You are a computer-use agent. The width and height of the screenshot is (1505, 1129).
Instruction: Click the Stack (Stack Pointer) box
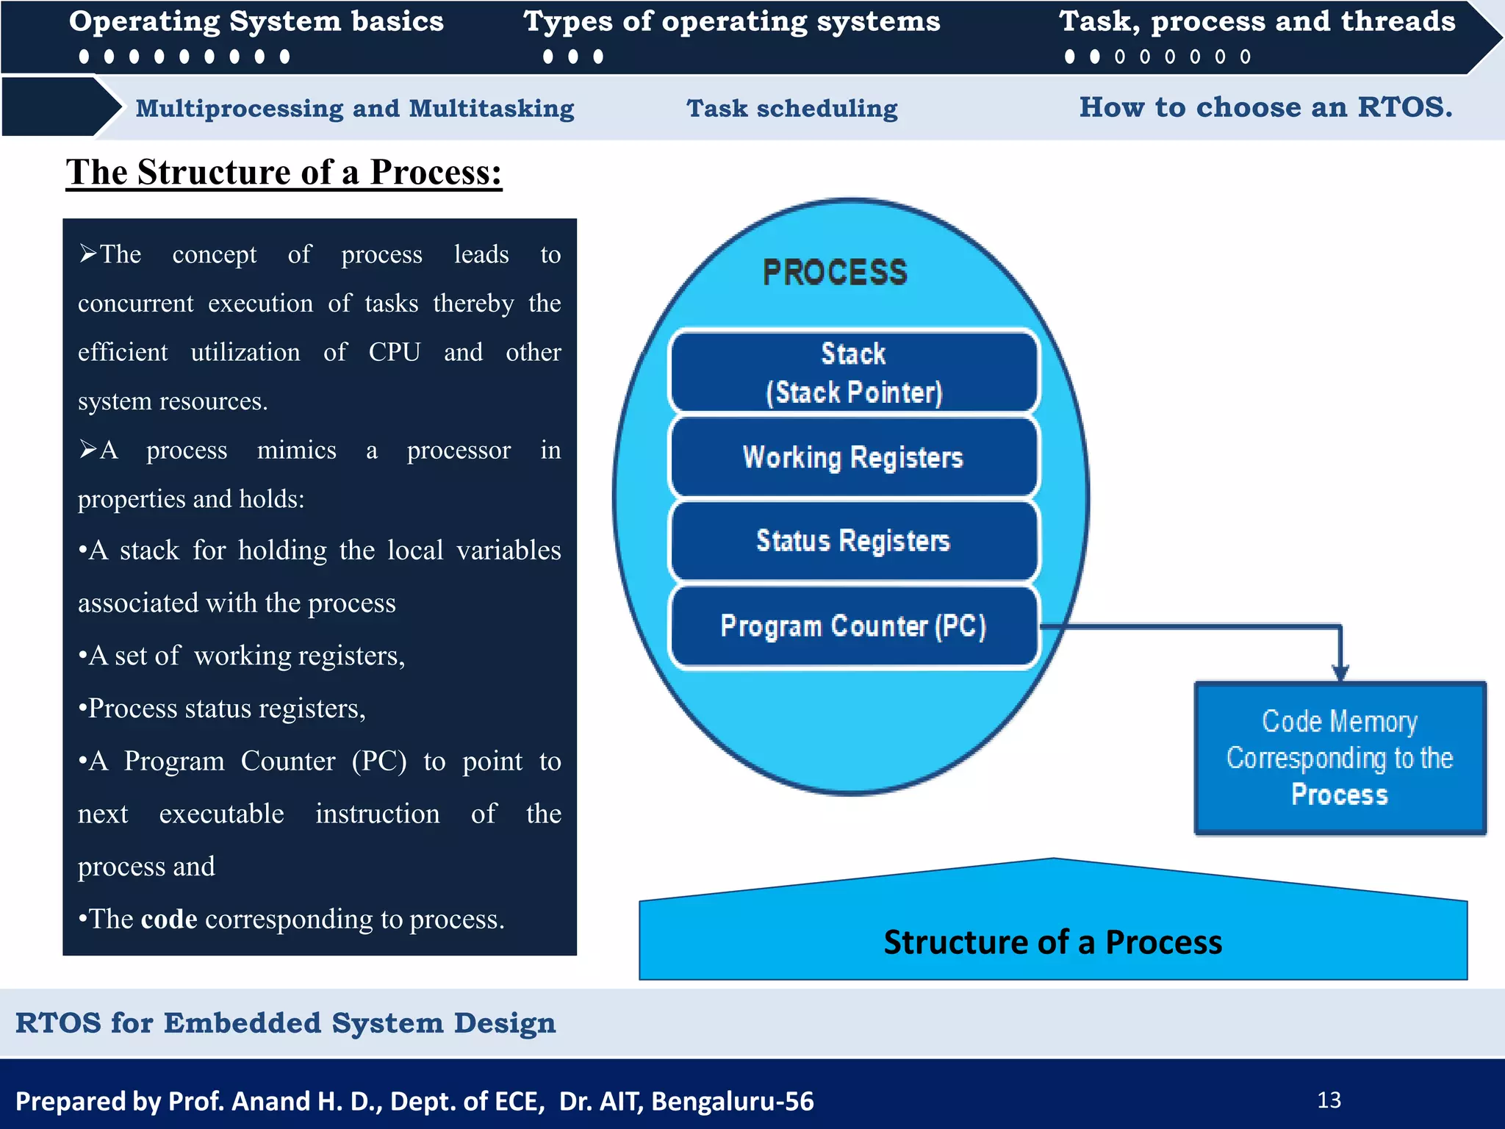pos(853,372)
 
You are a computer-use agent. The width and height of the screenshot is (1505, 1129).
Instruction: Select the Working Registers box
pos(853,457)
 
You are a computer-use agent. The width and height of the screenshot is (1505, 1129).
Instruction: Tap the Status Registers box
pos(853,541)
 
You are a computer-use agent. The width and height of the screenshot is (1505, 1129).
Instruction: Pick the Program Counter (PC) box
pos(853,626)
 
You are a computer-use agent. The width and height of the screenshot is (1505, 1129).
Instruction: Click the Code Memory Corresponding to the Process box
pos(1340,759)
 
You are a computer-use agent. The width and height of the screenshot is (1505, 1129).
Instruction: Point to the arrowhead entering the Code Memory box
pos(1340,673)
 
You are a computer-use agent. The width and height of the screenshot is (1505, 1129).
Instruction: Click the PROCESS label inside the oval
pos(835,273)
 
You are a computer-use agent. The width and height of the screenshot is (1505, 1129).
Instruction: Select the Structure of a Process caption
pos(1052,942)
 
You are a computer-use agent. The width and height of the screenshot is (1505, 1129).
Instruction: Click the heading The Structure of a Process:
pos(284,173)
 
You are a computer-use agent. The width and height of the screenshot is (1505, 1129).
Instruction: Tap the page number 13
pos(1329,1100)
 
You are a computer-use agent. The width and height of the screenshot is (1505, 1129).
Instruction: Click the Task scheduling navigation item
pos(791,109)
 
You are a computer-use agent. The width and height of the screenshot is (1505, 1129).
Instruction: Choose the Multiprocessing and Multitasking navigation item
pos(354,109)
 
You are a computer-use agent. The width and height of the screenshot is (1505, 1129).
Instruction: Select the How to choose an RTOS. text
pos(1265,107)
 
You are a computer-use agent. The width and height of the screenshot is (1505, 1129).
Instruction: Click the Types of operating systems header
pos(731,22)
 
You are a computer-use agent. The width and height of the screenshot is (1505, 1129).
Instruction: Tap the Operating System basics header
pos(256,22)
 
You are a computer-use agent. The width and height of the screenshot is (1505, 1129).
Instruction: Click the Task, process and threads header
pos(1257,22)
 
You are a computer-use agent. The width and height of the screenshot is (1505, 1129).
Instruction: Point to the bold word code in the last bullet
pos(169,920)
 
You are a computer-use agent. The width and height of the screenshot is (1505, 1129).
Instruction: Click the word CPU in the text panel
pos(394,352)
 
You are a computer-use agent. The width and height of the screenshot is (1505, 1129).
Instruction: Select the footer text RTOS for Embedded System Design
pos(285,1023)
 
